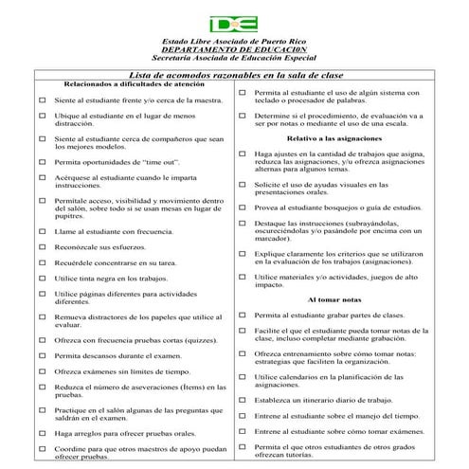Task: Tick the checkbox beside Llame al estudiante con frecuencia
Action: coord(43,230)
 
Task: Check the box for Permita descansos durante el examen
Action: coord(43,355)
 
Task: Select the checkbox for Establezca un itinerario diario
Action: coord(242,400)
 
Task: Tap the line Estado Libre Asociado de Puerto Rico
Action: coord(234,42)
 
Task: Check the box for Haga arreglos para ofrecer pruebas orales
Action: coord(43,433)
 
